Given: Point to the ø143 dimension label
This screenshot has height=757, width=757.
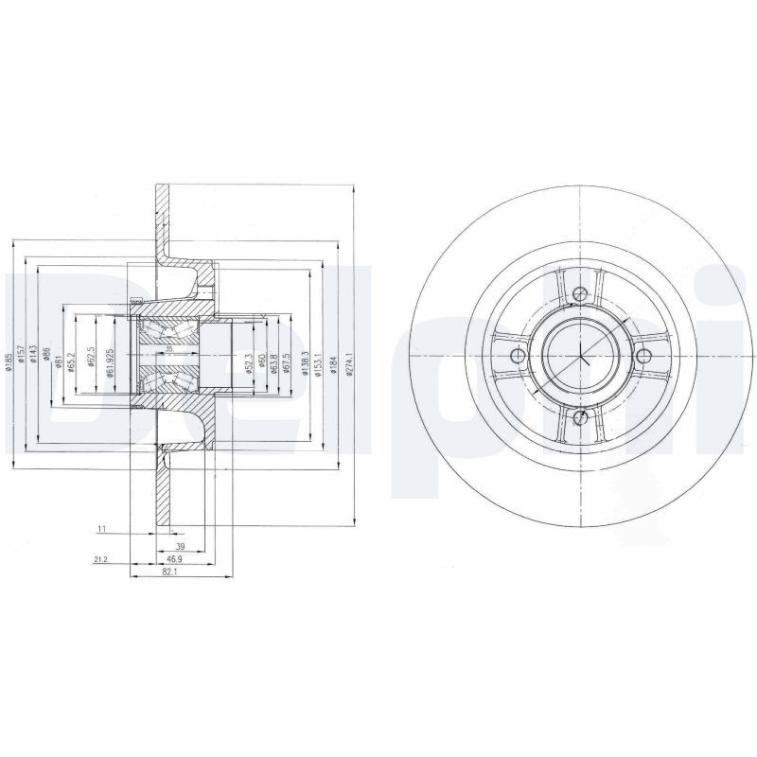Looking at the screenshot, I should pyautogui.click(x=33, y=355).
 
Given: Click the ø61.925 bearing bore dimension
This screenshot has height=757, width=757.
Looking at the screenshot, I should pyautogui.click(x=111, y=361).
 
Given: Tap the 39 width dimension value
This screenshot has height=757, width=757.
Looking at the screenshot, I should pyautogui.click(x=180, y=547).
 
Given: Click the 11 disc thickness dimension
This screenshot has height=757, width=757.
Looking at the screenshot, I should pyautogui.click(x=101, y=529).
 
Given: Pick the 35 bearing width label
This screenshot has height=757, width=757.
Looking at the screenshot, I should pyautogui.click(x=169, y=348).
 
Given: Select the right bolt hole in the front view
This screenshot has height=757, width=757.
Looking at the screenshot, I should pyautogui.click(x=643, y=355).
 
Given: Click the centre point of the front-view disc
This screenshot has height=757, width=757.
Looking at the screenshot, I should pyautogui.click(x=579, y=356).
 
